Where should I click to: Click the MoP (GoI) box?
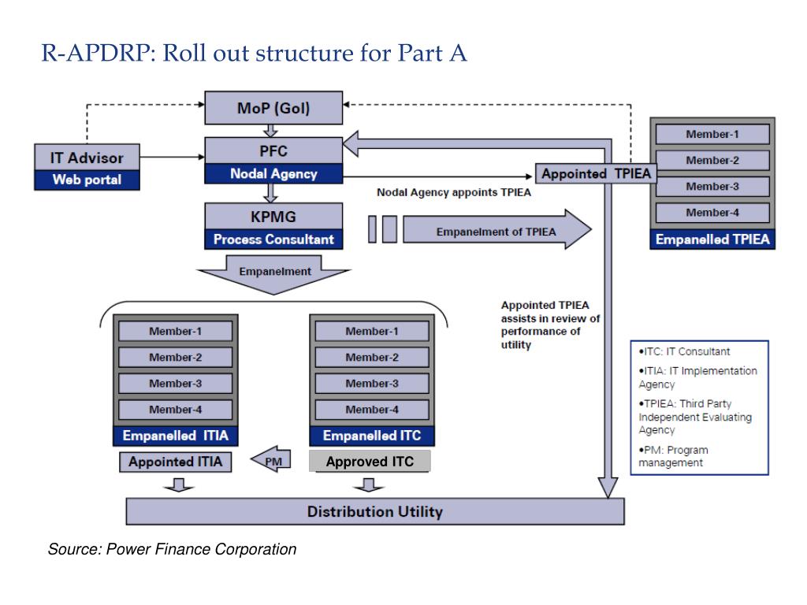[x=273, y=108]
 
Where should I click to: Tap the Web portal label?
[x=87, y=180]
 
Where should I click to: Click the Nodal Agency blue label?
[x=273, y=174]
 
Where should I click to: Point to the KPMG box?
[x=273, y=216]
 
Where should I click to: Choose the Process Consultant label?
[x=273, y=239]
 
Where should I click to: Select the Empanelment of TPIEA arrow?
[x=496, y=231]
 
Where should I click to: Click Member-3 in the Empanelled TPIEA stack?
[x=712, y=187]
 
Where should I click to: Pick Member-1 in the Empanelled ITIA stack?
[x=175, y=332]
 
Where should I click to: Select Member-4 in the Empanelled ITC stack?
[x=372, y=410]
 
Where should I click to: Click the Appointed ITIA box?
[x=176, y=462]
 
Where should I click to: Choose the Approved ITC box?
[x=370, y=462]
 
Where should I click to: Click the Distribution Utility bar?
[x=374, y=511]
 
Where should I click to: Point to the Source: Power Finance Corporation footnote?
[x=172, y=549]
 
